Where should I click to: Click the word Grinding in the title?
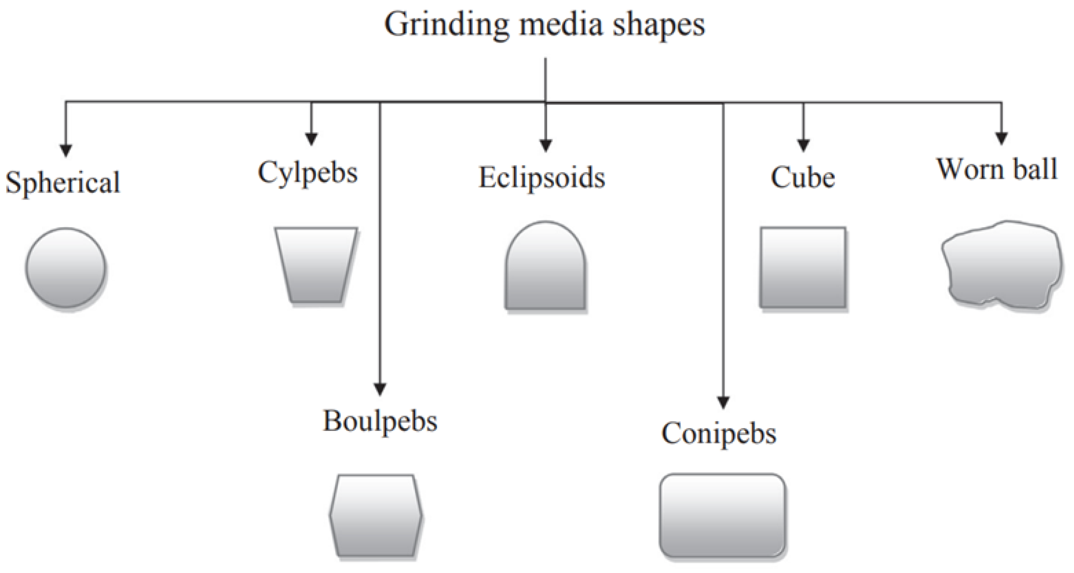click(x=446, y=25)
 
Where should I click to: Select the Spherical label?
click(x=63, y=183)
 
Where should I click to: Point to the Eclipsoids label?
click(x=541, y=178)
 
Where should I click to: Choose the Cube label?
click(x=803, y=178)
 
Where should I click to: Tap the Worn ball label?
click(x=997, y=169)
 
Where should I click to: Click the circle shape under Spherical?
click(x=65, y=268)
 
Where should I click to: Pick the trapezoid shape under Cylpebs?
click(x=315, y=264)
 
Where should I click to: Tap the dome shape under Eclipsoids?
click(x=545, y=267)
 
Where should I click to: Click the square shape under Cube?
click(x=803, y=268)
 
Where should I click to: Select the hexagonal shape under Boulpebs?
click(x=376, y=516)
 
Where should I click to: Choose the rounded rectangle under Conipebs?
click(x=722, y=515)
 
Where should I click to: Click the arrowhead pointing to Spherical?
click(x=66, y=150)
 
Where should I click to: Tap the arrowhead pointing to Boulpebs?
click(x=380, y=389)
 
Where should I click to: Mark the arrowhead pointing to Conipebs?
click(x=723, y=402)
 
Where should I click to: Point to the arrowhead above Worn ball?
click(x=1001, y=138)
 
